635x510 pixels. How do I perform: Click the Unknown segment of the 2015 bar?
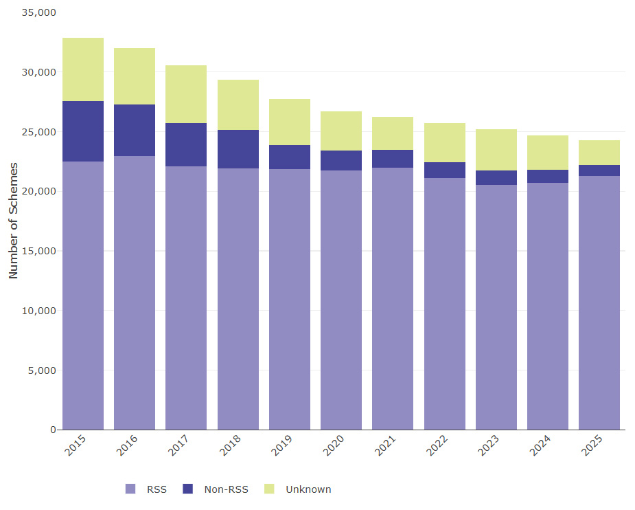point(83,69)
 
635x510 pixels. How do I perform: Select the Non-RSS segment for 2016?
point(135,131)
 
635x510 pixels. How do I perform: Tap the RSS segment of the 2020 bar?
point(341,300)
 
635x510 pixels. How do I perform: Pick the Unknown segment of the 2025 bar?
point(599,153)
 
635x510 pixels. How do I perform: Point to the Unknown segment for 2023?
point(496,150)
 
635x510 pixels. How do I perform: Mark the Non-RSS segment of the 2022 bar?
point(445,170)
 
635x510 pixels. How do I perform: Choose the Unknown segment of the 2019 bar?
point(290,122)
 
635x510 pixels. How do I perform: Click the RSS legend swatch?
point(130,489)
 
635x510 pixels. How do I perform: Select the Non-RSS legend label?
point(226,489)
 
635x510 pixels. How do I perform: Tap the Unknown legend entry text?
point(308,489)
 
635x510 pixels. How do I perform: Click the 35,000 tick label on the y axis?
point(39,12)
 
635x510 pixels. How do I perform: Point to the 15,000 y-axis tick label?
point(39,251)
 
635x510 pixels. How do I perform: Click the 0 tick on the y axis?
point(53,430)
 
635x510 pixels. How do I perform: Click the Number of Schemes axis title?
point(13,221)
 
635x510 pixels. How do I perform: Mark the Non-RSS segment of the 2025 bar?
point(599,170)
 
